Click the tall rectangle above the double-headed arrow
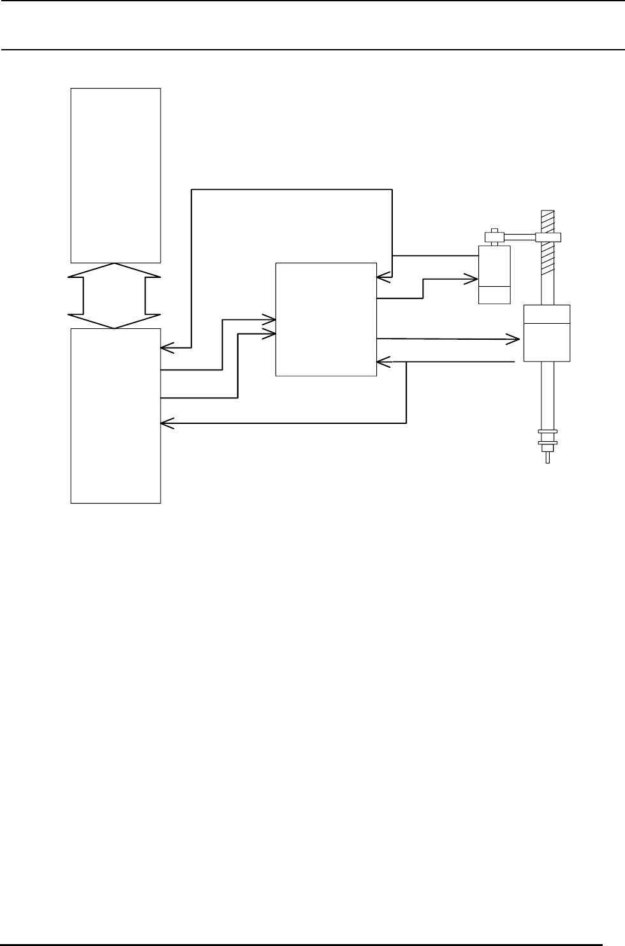pyautogui.click(x=115, y=175)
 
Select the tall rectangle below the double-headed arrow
pyautogui.click(x=115, y=416)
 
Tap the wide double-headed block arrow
pyautogui.click(x=115, y=296)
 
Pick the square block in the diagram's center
pyautogui.click(x=326, y=319)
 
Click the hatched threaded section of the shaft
pyautogui.click(x=548, y=268)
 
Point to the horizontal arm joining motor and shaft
pyautogui.click(x=521, y=237)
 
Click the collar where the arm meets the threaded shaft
pyautogui.click(x=548, y=237)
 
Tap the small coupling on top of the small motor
pyautogui.click(x=494, y=236)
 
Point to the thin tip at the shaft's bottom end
pyautogui.click(x=547, y=457)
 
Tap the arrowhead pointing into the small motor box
pyautogui.click(x=472, y=279)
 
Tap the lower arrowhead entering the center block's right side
pyautogui.click(x=383, y=362)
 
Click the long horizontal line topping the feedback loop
pyautogui.click(x=292, y=189)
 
